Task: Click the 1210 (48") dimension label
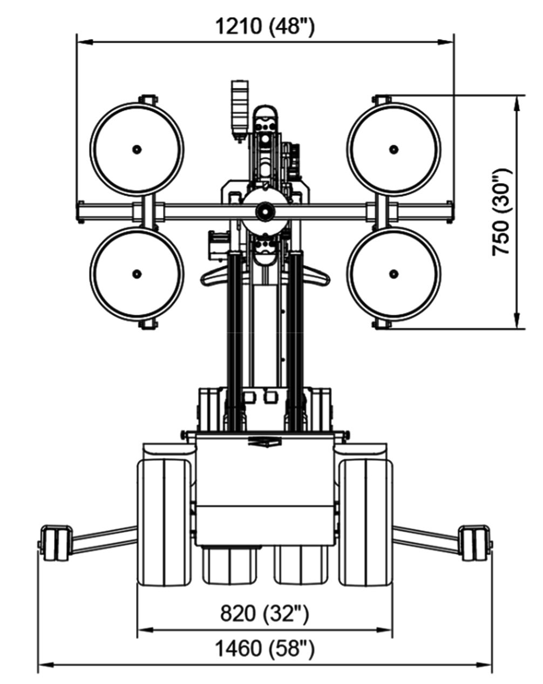coord(264,25)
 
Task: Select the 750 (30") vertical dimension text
coord(501,212)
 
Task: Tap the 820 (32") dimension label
coord(264,613)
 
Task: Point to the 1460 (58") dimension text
coord(264,648)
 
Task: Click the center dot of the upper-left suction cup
coord(137,148)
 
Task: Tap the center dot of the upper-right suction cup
coord(393,148)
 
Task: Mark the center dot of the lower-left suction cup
coord(137,274)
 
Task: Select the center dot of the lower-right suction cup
coord(393,274)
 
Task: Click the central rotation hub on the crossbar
coord(264,211)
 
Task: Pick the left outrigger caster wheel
coord(55,543)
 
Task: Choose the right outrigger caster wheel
coord(475,542)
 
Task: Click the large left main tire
coord(164,522)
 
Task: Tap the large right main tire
coord(365,522)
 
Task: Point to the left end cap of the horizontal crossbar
coord(81,211)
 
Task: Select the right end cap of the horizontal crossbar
coord(449,211)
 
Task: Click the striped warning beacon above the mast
coord(238,106)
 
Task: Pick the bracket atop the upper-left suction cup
coord(147,100)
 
